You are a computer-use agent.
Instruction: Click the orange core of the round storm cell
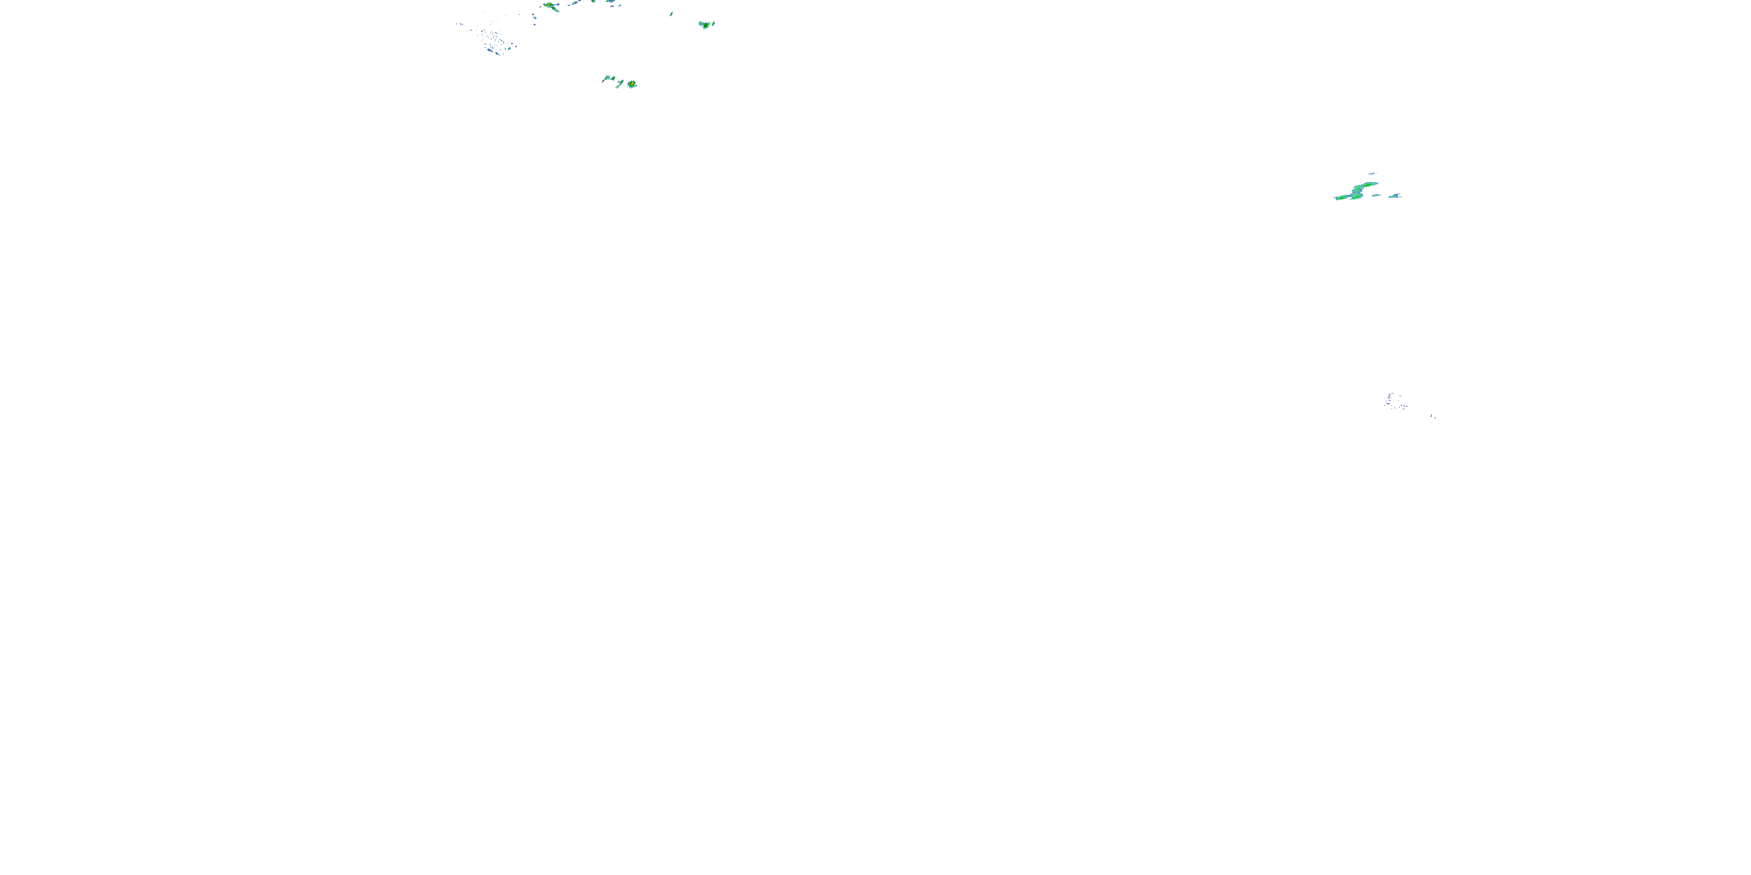click(632, 83)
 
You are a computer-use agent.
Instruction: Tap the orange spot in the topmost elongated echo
click(549, 5)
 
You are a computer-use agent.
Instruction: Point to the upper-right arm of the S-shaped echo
click(1368, 185)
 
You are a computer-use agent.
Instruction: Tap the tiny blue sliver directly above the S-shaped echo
click(1372, 174)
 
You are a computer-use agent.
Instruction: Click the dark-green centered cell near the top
click(706, 25)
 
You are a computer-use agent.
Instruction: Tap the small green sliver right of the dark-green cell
click(714, 24)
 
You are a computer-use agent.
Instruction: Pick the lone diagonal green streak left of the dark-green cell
click(672, 14)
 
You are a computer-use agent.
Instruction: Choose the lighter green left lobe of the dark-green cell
click(701, 24)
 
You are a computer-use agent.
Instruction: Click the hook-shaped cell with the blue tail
click(608, 79)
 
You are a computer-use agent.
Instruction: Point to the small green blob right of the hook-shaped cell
click(613, 78)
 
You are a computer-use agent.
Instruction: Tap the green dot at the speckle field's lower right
click(510, 48)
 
